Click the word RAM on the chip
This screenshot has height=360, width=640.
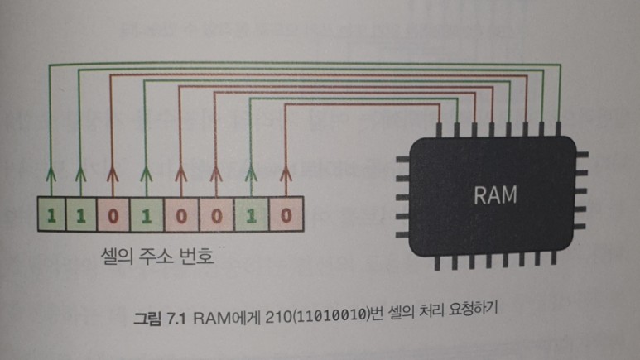pos(496,196)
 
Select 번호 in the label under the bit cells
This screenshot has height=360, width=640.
pos(198,257)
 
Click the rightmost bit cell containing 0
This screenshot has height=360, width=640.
pos(285,218)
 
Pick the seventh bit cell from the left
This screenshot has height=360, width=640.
pos(252,218)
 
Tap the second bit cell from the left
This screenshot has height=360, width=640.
pos(80,218)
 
